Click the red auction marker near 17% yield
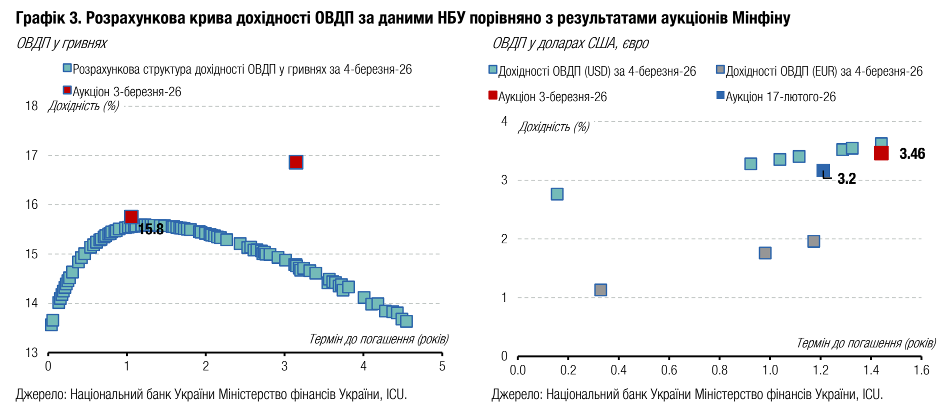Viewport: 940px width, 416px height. click(295, 162)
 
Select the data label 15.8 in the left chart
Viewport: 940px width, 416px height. click(151, 229)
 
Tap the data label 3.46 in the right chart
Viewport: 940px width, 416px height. click(912, 154)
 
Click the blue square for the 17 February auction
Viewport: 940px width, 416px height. click(823, 171)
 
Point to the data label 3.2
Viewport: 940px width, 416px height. click(846, 179)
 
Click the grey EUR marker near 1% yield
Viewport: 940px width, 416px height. click(600, 290)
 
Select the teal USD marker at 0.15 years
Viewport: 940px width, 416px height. click(557, 194)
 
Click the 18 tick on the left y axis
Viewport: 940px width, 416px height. click(31, 106)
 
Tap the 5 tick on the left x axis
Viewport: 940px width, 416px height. click(442, 366)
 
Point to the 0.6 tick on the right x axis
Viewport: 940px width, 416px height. click(669, 370)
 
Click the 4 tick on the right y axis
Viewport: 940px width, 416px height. click(504, 121)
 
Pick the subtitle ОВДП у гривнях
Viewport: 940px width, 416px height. click(61, 44)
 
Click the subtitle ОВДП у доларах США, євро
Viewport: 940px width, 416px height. click(570, 44)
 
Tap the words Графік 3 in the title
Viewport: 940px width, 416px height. click(48, 18)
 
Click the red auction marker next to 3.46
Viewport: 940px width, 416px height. click(881, 153)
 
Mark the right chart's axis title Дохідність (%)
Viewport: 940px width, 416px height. click(553, 127)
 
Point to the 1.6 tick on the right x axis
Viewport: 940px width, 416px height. click(921, 370)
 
